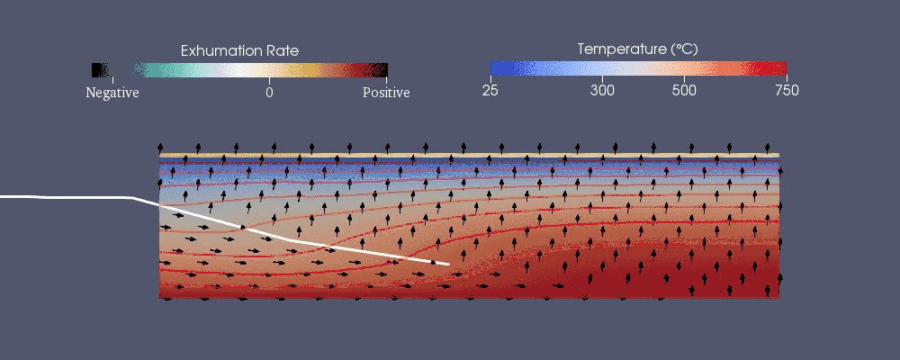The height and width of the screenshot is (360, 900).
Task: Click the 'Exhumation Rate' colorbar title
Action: pyautogui.click(x=239, y=50)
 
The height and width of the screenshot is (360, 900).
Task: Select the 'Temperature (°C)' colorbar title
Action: pyautogui.click(x=637, y=49)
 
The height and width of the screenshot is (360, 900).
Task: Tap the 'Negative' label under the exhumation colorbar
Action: pyautogui.click(x=112, y=92)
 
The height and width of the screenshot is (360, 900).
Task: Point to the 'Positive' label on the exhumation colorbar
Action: pyautogui.click(x=386, y=92)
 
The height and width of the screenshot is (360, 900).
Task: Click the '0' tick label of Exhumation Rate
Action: pyautogui.click(x=269, y=92)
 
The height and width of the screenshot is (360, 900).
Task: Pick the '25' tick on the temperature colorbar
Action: pyautogui.click(x=490, y=89)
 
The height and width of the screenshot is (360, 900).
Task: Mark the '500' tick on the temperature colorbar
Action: pyautogui.click(x=684, y=89)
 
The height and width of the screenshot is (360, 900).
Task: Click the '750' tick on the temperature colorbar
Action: pyautogui.click(x=786, y=89)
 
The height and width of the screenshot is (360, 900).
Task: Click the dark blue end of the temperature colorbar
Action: pyautogui.click(x=494, y=67)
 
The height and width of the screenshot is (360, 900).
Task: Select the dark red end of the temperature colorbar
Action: pyautogui.click(x=782, y=67)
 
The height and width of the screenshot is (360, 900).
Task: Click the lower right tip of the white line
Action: pyautogui.click(x=448, y=264)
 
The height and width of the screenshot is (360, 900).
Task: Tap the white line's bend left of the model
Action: pyautogui.click(x=132, y=197)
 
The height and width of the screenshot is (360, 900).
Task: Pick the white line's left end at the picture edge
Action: pyautogui.click(x=2, y=195)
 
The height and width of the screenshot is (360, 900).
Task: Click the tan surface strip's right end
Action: pyautogui.click(x=777, y=155)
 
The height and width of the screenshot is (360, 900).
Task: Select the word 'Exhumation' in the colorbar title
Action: pyautogui.click(x=222, y=50)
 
